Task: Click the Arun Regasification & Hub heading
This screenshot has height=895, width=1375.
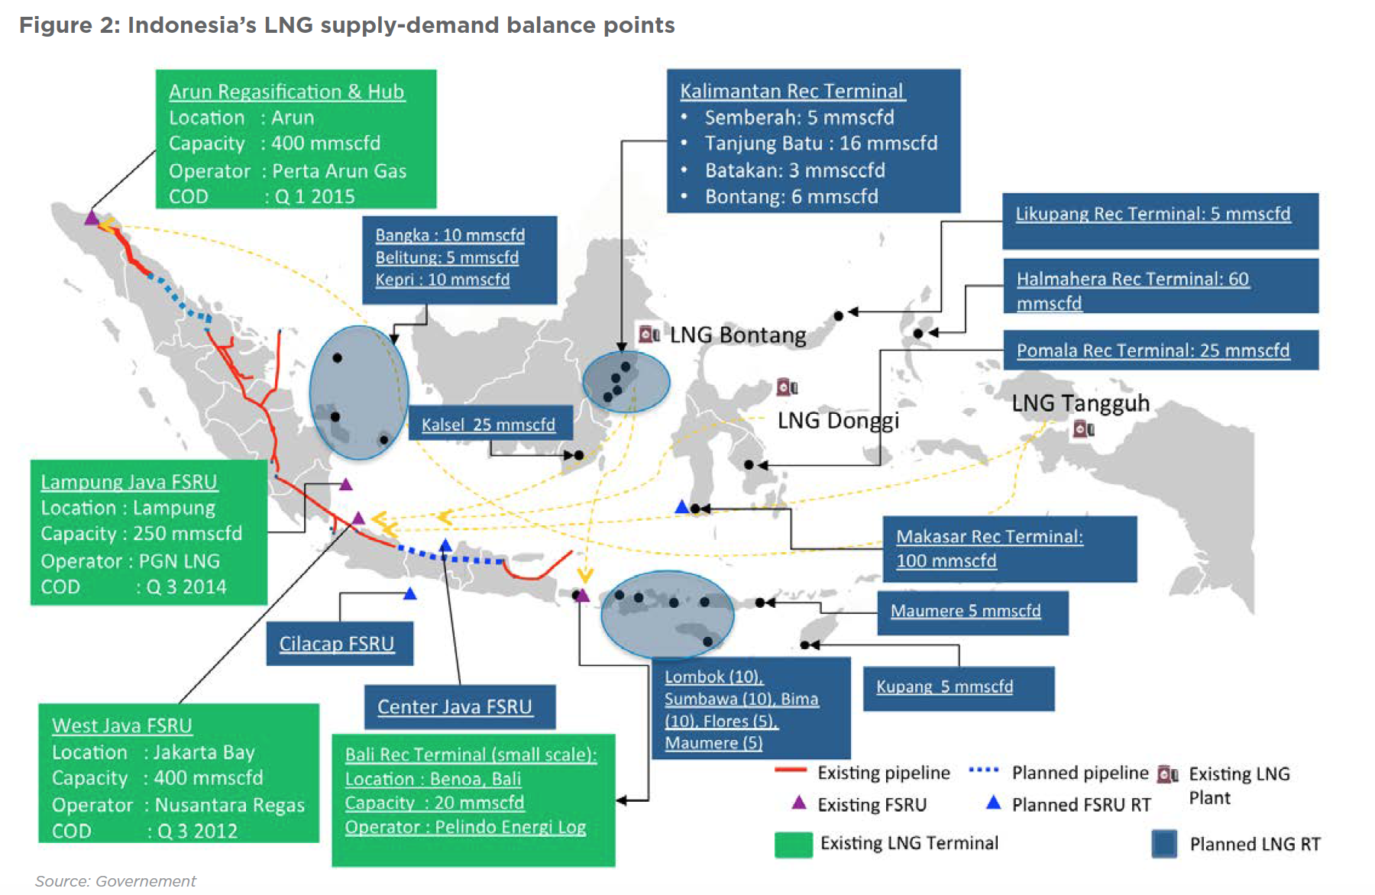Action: pos(286,92)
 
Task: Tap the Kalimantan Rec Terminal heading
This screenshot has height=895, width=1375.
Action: pos(791,91)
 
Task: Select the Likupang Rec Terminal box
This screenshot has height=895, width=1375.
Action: pos(1160,221)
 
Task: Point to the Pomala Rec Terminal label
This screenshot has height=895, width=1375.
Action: pos(1153,351)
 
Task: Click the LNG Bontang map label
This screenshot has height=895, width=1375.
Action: pos(737,335)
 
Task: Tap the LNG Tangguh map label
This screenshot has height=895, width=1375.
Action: pos(1080,403)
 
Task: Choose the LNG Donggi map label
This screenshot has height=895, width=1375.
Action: pos(838,420)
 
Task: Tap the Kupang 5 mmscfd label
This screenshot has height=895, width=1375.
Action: pos(944,687)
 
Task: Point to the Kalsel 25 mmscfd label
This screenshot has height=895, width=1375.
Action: pos(488,425)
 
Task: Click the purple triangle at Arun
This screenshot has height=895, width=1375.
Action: pos(92,218)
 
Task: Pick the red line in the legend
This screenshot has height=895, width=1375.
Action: pos(791,771)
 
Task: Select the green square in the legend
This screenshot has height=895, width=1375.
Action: pos(793,845)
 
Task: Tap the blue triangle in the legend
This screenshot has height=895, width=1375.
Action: pos(993,803)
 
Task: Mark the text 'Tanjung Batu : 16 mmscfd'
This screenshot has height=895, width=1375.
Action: pos(820,144)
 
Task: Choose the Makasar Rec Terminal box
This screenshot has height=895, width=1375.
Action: pos(1009,548)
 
